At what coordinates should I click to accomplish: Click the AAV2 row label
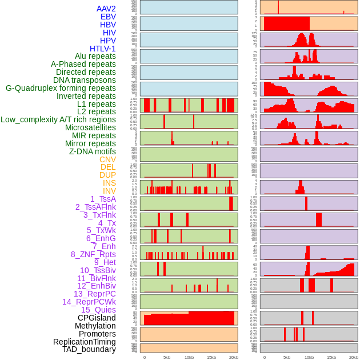coord(106,9)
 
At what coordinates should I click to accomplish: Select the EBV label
coord(108,17)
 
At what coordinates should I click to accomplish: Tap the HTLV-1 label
coord(102,49)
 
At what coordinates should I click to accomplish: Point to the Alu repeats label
coord(95,56)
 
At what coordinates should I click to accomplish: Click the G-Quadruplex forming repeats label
coord(61,88)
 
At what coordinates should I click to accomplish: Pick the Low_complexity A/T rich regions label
coord(58,119)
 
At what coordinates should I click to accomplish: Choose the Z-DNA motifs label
coord(93,151)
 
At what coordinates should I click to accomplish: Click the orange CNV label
coord(107,159)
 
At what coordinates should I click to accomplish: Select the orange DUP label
coord(107,175)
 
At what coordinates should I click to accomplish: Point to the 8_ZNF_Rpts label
coord(93,254)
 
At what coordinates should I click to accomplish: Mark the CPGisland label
coord(97,318)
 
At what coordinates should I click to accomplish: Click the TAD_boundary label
coord(89,349)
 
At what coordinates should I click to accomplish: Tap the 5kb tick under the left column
coord(167,357)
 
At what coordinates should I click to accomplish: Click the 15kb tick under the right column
coord(331,357)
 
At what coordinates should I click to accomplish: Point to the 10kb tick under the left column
coord(189,357)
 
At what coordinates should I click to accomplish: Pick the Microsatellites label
coord(90,127)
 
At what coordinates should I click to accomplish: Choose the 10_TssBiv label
coord(98,270)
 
